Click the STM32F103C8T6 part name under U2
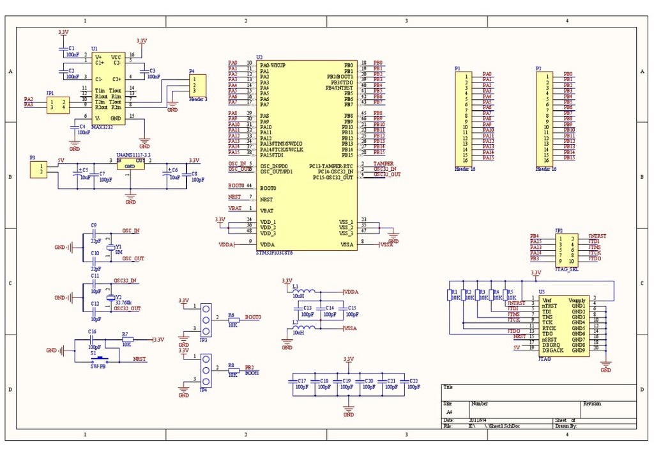click(x=274, y=253)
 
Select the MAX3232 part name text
click(x=102, y=127)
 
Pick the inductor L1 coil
click(x=303, y=291)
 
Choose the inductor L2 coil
click(x=303, y=328)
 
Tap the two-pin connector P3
click(x=39, y=170)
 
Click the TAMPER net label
click(x=383, y=164)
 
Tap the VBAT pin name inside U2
click(x=267, y=210)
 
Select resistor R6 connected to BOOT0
click(x=231, y=320)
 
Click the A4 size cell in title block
click(x=449, y=413)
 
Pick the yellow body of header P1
click(x=464, y=118)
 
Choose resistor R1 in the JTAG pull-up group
click(x=449, y=296)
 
